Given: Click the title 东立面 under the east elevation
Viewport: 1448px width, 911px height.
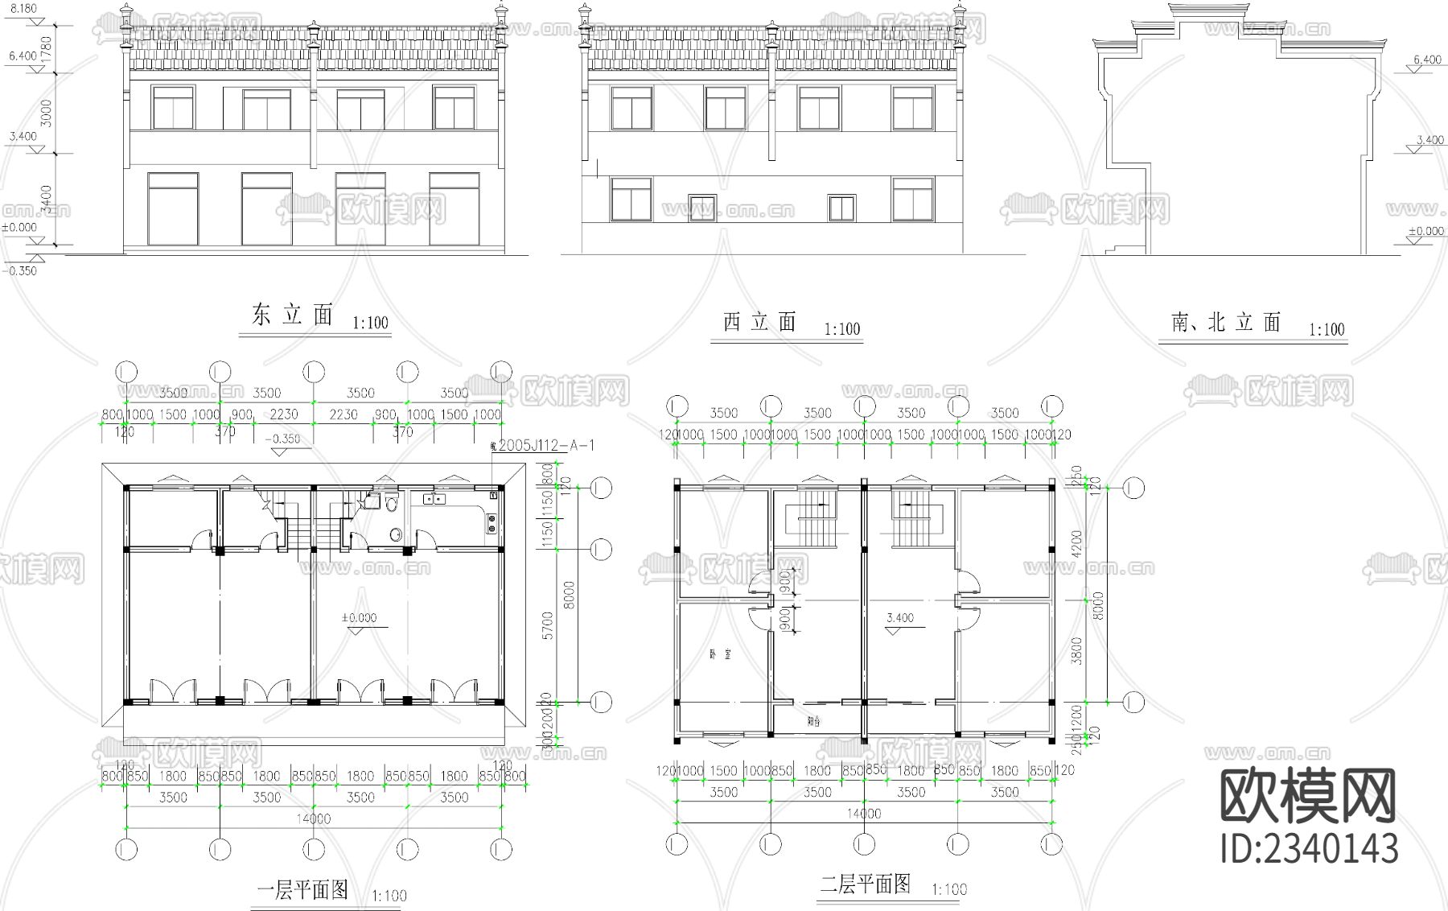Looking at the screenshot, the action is click(x=292, y=315).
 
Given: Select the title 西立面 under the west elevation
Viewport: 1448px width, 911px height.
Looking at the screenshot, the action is click(x=759, y=323).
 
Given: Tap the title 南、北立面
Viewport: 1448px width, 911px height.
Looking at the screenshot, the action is click(x=1226, y=323).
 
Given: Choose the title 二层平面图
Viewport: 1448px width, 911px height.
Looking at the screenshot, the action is click(x=865, y=884).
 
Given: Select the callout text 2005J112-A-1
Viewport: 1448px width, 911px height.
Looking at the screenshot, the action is click(x=545, y=446).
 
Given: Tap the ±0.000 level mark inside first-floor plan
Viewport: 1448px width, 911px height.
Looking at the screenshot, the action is click(x=358, y=618).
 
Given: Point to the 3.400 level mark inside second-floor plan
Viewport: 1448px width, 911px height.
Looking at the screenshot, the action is click(x=899, y=618).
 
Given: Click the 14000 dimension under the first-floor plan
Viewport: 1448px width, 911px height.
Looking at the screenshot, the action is click(x=313, y=818).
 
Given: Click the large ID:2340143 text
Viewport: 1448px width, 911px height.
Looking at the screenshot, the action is click(x=1310, y=848).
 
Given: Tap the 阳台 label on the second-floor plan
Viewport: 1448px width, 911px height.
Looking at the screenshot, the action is click(x=814, y=722).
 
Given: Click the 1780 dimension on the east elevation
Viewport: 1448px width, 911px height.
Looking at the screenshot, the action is click(x=47, y=50).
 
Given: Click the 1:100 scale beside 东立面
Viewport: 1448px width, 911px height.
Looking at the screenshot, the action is click(x=370, y=324).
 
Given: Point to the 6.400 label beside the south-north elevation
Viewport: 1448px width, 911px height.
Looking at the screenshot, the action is click(x=1427, y=60).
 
